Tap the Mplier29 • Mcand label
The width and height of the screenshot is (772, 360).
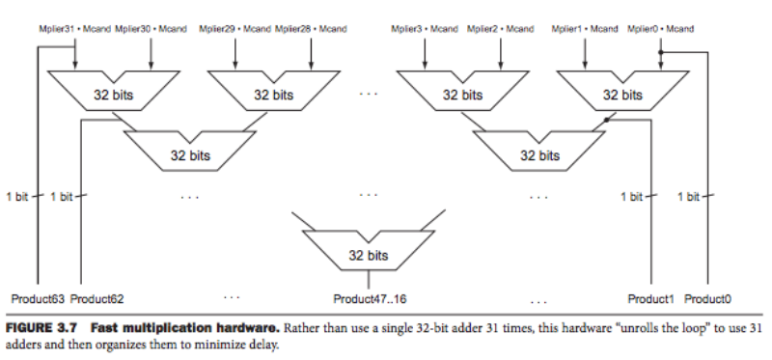[235, 29]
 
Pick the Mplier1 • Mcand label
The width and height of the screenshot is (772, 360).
[585, 29]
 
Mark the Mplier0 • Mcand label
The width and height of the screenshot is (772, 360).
[661, 29]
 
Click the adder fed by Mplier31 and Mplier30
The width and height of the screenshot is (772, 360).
[113, 95]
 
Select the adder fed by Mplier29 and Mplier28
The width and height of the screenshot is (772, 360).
[274, 95]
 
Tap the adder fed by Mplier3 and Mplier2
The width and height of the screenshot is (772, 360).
[462, 95]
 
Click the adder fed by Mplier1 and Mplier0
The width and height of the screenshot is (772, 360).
[622, 95]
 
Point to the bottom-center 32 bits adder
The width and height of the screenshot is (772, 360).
[369, 256]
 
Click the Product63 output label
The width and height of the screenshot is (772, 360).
[38, 297]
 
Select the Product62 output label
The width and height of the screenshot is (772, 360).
[97, 297]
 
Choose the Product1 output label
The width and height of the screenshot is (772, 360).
[650, 297]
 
